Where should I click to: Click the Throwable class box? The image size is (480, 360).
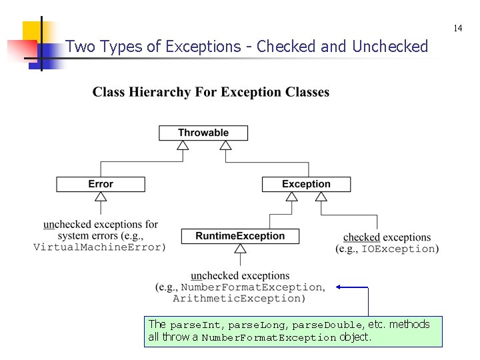tap(203, 133)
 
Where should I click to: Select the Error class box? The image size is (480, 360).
tap(101, 184)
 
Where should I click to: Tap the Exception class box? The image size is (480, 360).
tap(306, 184)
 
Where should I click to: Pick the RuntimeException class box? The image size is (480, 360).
tap(240, 236)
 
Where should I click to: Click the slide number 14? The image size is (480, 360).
tap(457, 28)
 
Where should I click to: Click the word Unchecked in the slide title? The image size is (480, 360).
tap(389, 47)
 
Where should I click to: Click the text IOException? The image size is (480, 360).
tap(398, 249)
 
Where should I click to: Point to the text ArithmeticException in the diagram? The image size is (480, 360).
tap(238, 298)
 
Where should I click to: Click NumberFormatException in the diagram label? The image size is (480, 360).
tap(251, 287)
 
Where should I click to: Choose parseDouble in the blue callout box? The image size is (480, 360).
tap(327, 325)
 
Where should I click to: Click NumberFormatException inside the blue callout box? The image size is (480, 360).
tap(269, 338)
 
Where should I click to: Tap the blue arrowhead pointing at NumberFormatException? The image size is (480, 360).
tap(339, 287)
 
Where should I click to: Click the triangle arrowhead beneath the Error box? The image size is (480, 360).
tap(101, 197)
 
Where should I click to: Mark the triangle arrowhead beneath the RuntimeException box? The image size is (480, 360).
tap(240, 249)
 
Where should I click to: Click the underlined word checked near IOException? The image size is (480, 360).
tap(361, 237)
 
